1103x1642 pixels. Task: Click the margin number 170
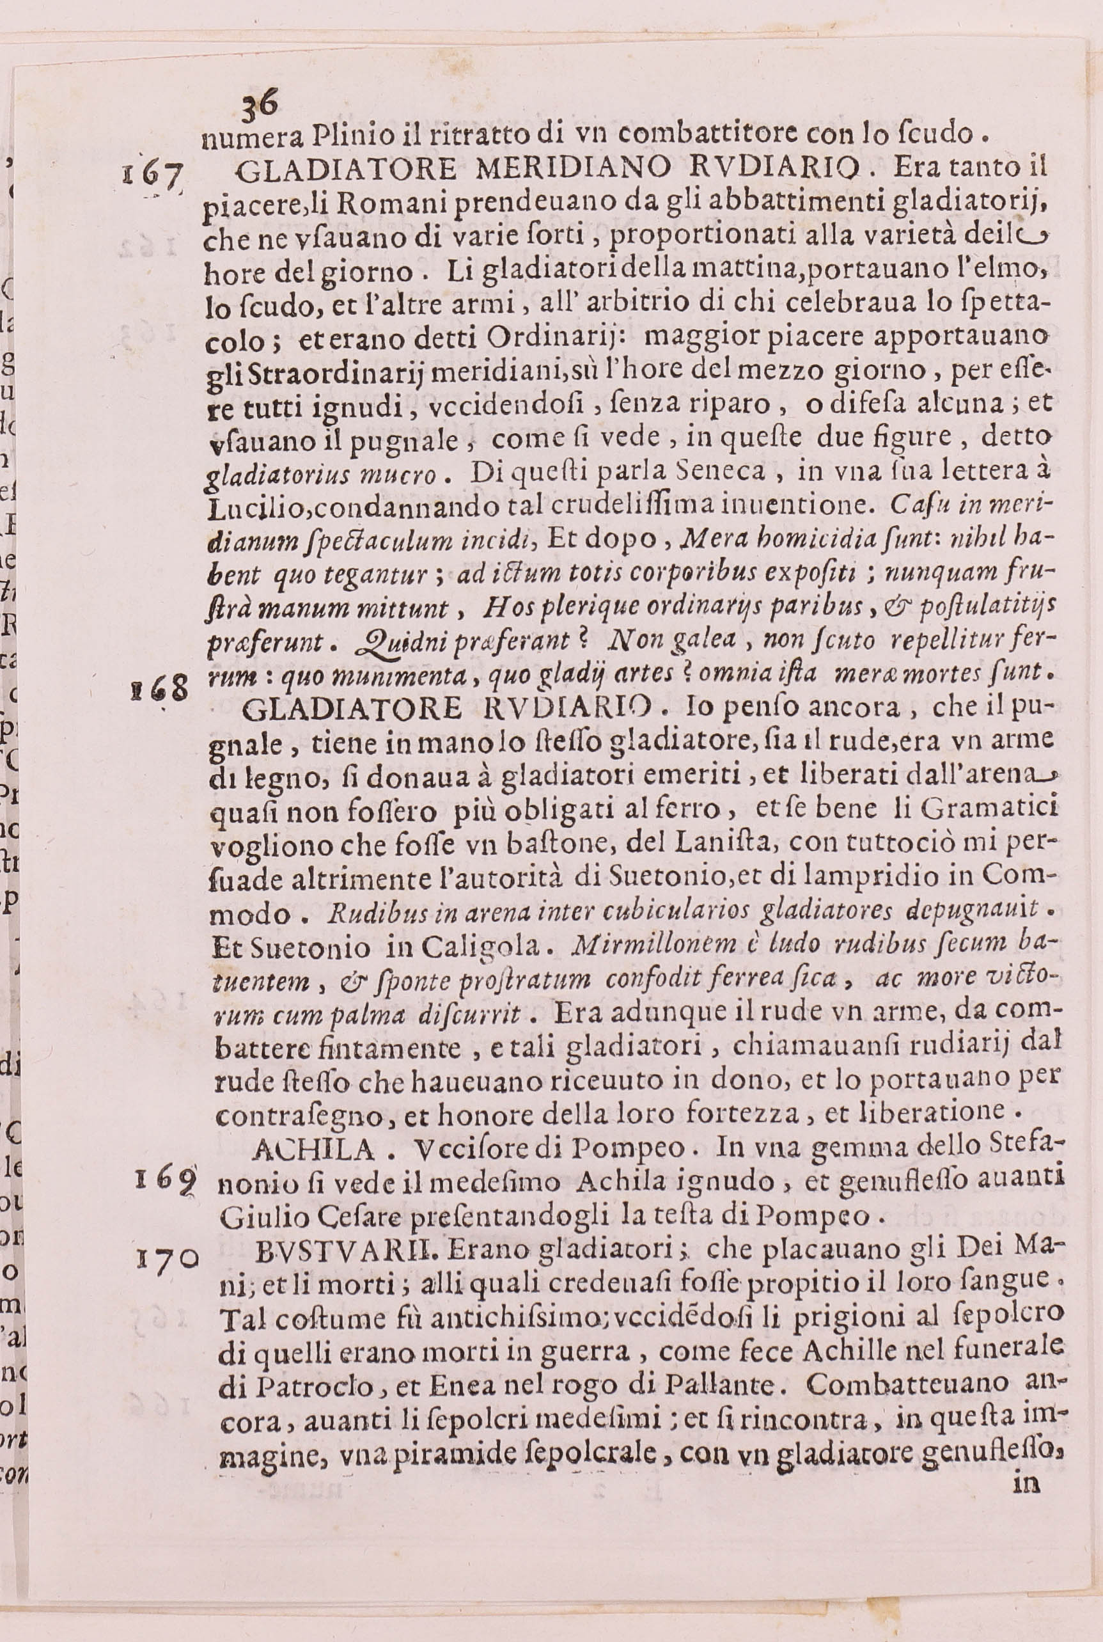(168, 1257)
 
